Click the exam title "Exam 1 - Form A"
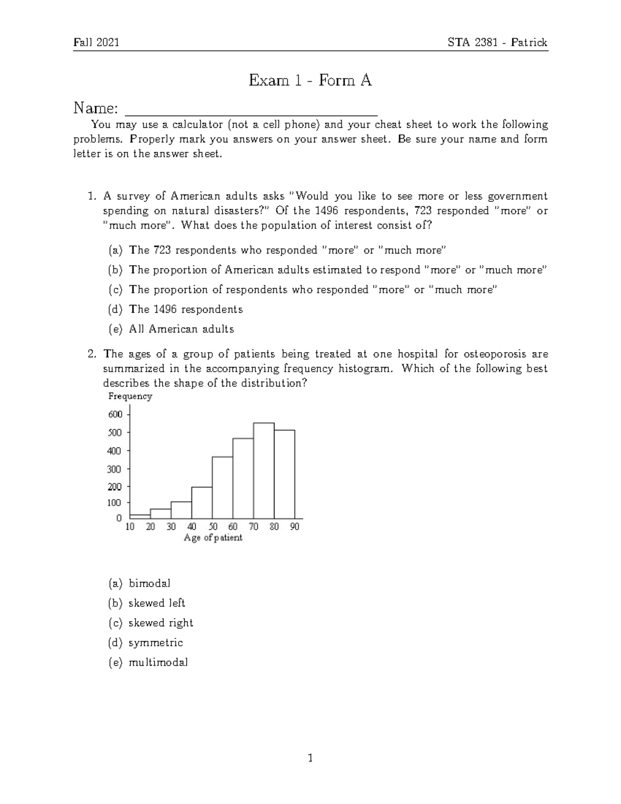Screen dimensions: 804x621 310,80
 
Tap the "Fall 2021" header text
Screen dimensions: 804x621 96,42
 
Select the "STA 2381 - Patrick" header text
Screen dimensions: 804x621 497,42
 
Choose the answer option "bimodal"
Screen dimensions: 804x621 149,583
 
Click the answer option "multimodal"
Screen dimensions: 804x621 158,662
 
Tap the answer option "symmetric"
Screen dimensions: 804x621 155,642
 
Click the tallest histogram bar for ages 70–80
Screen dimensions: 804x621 264,471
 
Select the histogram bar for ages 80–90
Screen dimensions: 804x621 285,474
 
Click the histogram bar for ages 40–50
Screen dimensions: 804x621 202,503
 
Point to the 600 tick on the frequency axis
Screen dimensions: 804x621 115,414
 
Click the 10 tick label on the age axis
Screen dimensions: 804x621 130,527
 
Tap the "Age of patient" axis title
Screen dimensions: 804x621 213,538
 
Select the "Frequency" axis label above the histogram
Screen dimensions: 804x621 130,397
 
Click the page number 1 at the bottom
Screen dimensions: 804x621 310,759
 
